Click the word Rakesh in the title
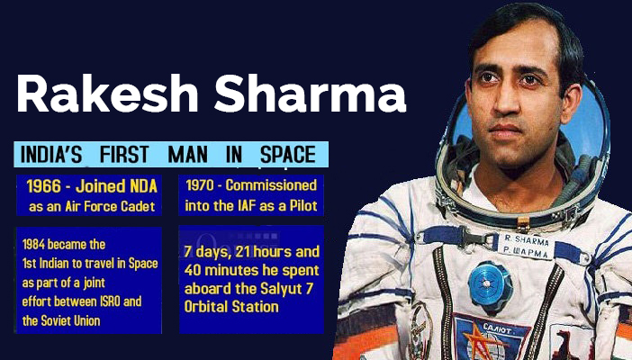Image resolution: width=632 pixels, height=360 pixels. pos(108,94)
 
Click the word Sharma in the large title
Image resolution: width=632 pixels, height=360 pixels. pos(310,94)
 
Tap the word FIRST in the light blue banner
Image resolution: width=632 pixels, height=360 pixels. pos(124,155)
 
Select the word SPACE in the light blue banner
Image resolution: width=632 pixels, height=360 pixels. pos(288,155)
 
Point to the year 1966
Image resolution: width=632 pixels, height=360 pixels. pos(43,186)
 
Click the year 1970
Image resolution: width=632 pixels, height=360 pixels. pos(200,185)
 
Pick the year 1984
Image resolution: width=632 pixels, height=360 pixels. pos(33,244)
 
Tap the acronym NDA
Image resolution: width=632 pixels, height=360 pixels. pos(143,186)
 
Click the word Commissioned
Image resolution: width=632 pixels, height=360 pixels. pos(271,185)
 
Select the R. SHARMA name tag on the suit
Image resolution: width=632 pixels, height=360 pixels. pos(527,247)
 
